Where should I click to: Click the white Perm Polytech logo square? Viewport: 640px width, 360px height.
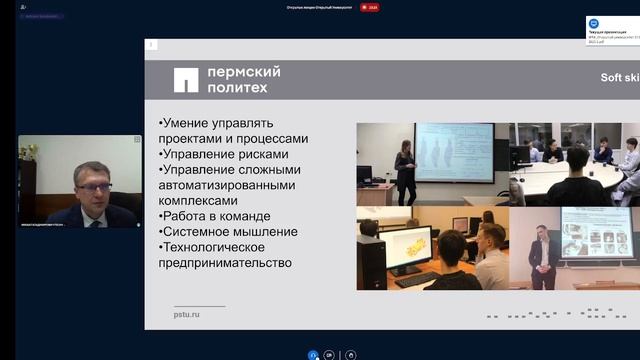pos(186,80)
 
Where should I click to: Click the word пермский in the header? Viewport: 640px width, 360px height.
pos(242,72)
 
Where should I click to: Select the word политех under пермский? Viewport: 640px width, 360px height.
pos(238,89)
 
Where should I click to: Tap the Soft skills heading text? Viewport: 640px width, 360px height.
pos(618,78)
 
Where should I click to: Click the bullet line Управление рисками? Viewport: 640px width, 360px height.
pos(222,155)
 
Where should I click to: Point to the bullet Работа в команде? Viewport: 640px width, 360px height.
pos(214,216)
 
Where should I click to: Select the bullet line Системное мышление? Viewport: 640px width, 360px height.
pos(229,232)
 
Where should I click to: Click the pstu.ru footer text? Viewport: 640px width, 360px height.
pos(188,314)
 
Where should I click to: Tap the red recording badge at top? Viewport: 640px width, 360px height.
pos(371,7)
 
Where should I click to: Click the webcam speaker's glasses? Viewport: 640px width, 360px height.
pos(91,186)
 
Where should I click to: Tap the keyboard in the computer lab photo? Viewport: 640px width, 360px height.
pos(416,280)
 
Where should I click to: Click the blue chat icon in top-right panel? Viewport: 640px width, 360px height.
pos(594,23)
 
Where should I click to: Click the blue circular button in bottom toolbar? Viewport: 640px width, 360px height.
pos(313,354)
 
